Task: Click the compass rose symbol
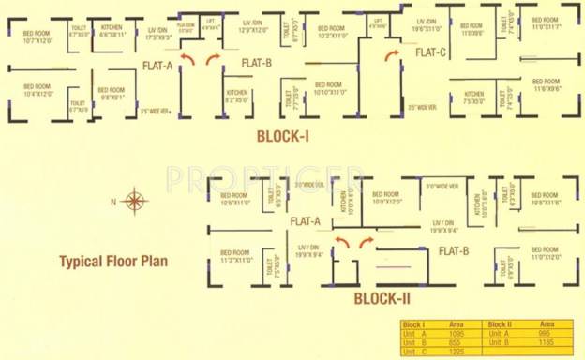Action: (135, 200)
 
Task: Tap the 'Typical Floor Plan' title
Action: (112, 261)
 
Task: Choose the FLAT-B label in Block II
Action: (453, 250)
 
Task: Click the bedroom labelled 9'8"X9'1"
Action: (113, 94)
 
